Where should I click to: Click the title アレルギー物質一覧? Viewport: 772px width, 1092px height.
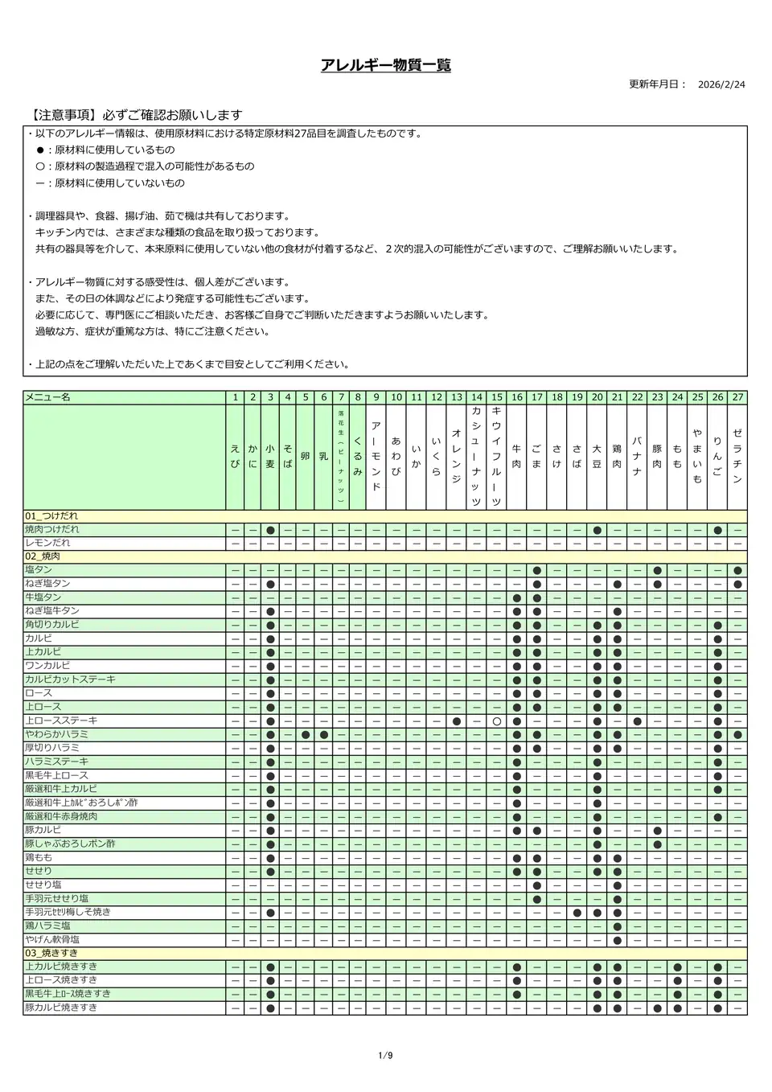click(385, 66)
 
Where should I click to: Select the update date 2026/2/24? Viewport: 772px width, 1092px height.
click(721, 84)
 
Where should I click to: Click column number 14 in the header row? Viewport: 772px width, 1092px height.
click(476, 397)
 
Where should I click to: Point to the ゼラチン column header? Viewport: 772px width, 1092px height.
click(737, 456)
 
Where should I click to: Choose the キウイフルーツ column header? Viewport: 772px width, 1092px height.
click(496, 456)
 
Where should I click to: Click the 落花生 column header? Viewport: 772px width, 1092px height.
click(341, 456)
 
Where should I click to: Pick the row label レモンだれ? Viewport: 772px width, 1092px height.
click(47, 543)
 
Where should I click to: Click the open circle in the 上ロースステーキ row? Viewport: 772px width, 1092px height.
click(496, 721)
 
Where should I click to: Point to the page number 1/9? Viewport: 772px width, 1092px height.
click(385, 1055)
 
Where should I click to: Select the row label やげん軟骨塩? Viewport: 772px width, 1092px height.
click(52, 939)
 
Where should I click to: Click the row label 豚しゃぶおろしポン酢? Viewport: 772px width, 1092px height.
click(70, 844)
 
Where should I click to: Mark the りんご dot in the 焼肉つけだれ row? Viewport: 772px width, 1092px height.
click(717, 530)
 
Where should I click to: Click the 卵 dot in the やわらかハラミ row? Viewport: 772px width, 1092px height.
click(306, 735)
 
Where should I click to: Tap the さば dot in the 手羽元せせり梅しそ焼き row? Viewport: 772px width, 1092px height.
click(577, 913)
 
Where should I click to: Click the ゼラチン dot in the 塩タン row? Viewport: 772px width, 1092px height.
click(737, 570)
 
